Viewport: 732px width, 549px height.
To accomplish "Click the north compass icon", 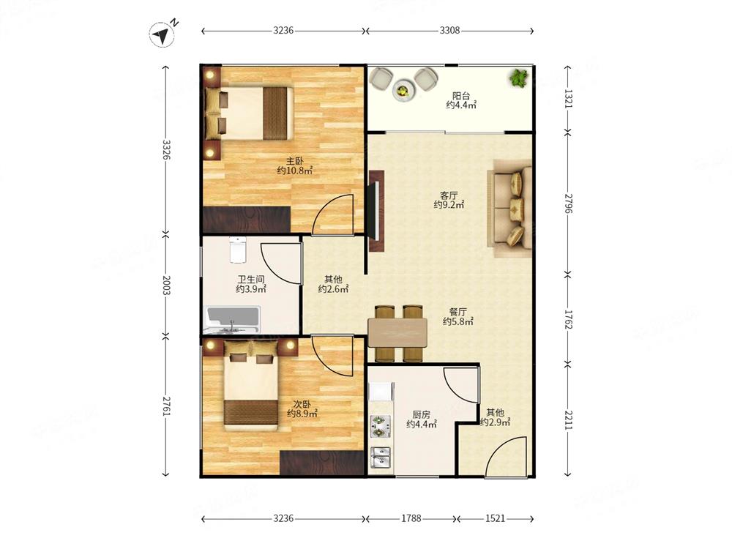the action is point(162,34).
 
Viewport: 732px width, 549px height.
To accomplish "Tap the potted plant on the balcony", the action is point(518,78).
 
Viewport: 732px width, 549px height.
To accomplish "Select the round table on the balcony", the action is point(402,89).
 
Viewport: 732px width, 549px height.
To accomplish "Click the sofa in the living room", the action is point(509,207).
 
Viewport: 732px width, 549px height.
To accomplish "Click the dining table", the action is point(397,332).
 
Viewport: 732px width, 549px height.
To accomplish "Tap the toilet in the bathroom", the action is point(238,250).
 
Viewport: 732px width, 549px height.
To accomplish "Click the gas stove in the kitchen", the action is point(381,427).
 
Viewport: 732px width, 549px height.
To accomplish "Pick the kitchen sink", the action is point(381,457).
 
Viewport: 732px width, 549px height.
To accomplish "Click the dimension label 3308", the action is point(449,30).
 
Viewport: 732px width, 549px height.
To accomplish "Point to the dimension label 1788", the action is point(411,518).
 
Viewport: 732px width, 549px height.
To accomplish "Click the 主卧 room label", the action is point(294,161).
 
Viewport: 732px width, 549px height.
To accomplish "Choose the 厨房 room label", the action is point(421,414).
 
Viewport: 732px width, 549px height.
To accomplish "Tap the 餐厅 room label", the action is point(458,311).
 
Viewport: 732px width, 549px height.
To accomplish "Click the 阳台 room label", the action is point(460,96).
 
